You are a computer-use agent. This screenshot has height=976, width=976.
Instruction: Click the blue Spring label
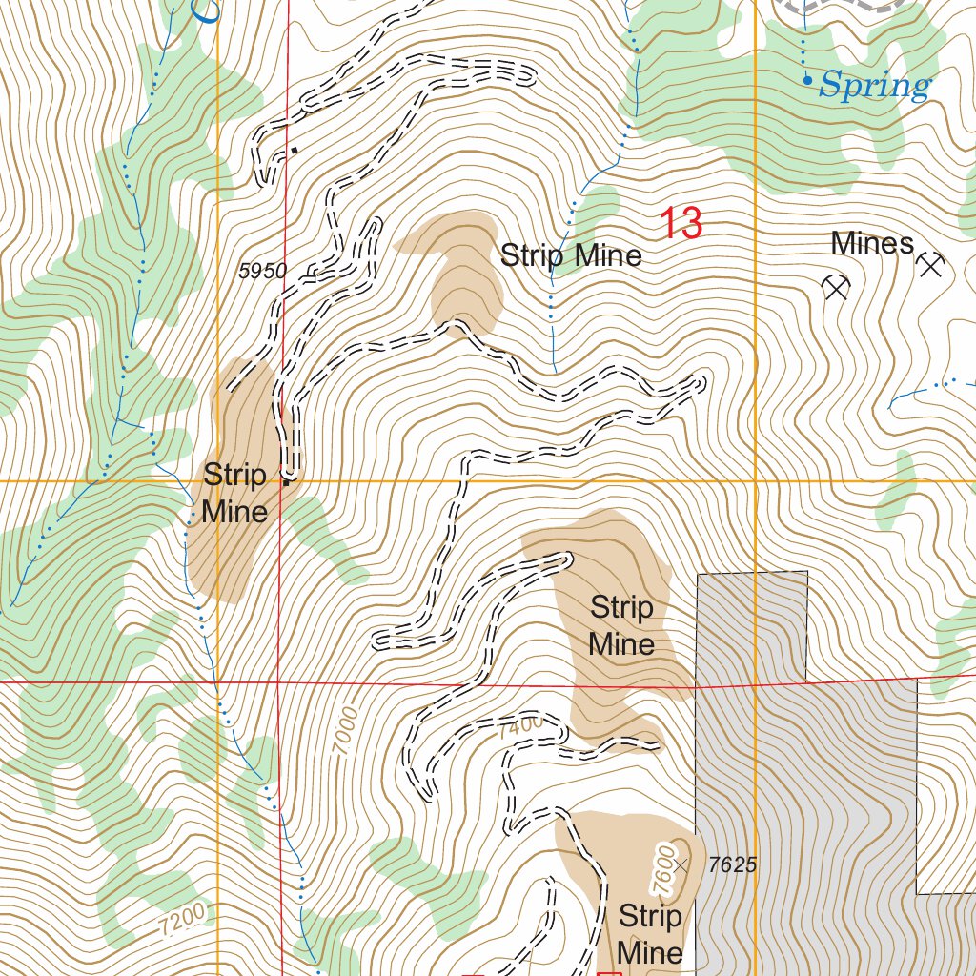pyautogui.click(x=874, y=87)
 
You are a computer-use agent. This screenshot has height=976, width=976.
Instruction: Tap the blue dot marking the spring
pyautogui.click(x=807, y=81)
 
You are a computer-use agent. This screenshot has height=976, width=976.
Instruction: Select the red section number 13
pyautogui.click(x=681, y=224)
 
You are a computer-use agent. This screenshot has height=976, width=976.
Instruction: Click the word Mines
pyautogui.click(x=871, y=244)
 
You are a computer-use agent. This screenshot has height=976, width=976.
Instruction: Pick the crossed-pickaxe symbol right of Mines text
pyautogui.click(x=929, y=265)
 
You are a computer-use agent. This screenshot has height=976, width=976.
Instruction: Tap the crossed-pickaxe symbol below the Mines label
pyautogui.click(x=836, y=286)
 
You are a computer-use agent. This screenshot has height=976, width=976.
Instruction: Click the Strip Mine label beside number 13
pyautogui.click(x=571, y=255)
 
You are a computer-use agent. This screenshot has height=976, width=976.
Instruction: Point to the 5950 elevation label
pyautogui.click(x=262, y=272)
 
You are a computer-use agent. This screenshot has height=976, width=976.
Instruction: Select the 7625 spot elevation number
pyautogui.click(x=733, y=864)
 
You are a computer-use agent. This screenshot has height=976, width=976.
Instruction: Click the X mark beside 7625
pyautogui.click(x=681, y=865)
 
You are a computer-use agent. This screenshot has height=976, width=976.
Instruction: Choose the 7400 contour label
pyautogui.click(x=520, y=725)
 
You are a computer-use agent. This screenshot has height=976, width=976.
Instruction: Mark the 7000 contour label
pyautogui.click(x=345, y=731)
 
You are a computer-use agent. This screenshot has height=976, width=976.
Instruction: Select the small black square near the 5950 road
pyautogui.click(x=294, y=150)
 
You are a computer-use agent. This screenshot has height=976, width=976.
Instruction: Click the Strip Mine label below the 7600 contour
pyautogui.click(x=650, y=934)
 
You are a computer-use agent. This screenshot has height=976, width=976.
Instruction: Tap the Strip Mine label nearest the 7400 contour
pyautogui.click(x=621, y=625)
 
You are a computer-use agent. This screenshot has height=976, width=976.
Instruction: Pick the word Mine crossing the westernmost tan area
pyautogui.click(x=234, y=512)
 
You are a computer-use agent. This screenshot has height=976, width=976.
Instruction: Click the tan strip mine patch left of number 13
pyautogui.click(x=462, y=272)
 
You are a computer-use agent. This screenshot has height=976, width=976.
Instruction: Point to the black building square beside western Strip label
pyautogui.click(x=286, y=479)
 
